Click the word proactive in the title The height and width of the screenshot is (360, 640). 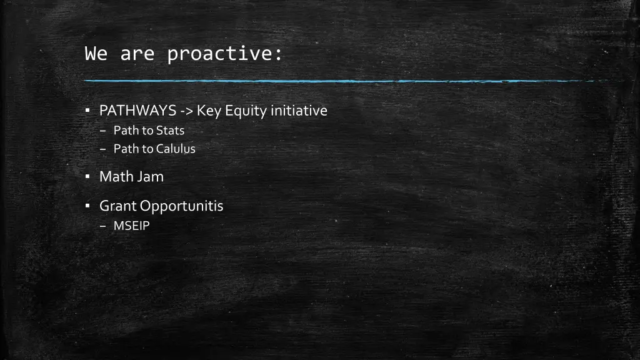[x=224, y=54]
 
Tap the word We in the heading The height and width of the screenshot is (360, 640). [x=96, y=54]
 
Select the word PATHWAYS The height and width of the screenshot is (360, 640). [x=137, y=111]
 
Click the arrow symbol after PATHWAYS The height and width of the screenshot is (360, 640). [x=186, y=111]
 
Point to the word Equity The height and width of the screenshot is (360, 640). [x=246, y=111]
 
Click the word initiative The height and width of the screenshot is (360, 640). [x=299, y=111]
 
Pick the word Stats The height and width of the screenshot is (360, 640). [x=171, y=131]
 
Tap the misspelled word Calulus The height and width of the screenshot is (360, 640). [x=176, y=149]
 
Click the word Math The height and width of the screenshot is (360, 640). [x=116, y=177]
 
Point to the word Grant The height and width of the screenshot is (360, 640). [x=118, y=206]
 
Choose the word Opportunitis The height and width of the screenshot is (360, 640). [x=182, y=206]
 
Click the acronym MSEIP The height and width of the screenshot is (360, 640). [x=132, y=226]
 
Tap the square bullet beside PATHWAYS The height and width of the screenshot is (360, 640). [x=87, y=111]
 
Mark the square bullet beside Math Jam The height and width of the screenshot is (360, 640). [x=87, y=177]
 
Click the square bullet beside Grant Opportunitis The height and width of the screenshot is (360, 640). [x=87, y=206]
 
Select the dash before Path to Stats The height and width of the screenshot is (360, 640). [x=104, y=131]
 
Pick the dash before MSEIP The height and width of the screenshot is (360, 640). [x=104, y=226]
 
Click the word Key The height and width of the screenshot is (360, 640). [x=209, y=111]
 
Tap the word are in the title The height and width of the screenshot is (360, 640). [x=137, y=54]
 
